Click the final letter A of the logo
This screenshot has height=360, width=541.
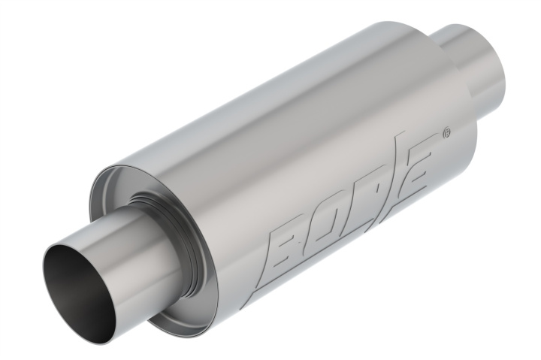pyautogui.click(x=417, y=168)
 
